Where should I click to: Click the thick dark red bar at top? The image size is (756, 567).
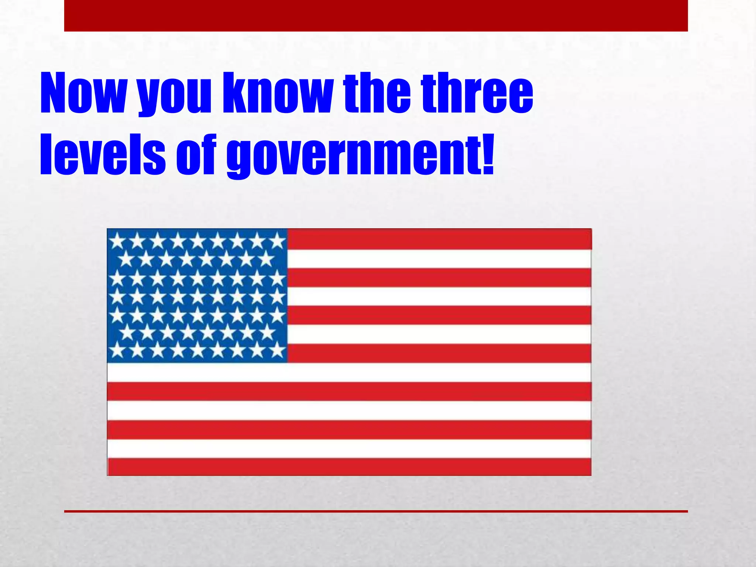(x=376, y=16)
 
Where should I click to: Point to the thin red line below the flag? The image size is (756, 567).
(x=376, y=511)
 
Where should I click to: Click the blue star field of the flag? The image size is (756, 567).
(x=197, y=295)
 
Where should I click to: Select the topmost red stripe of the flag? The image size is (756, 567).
(x=439, y=239)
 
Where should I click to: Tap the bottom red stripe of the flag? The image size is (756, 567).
(x=349, y=467)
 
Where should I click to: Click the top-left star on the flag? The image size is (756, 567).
(x=117, y=241)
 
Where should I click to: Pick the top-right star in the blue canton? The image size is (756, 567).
(x=277, y=241)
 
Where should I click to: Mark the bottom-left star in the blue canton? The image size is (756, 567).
(x=117, y=349)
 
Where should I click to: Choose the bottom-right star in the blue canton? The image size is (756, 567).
(x=277, y=349)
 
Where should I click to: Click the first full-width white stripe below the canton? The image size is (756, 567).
(x=349, y=372)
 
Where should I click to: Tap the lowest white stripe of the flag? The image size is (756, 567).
(x=349, y=448)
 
